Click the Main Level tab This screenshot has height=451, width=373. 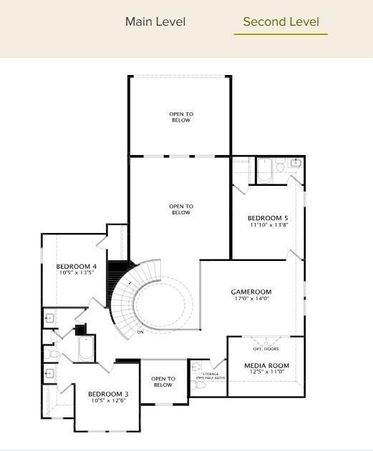pos(155,21)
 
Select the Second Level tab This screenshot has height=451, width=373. pos(281,21)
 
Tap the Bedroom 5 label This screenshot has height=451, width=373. pos(268,218)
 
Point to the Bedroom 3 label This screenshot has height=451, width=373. pos(108,394)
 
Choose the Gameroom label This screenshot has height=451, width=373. pos(251,292)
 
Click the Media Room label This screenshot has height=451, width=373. pos(266,365)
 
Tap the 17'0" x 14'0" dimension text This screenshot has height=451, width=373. pos(251,299)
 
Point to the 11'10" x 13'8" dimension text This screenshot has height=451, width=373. pos(268,225)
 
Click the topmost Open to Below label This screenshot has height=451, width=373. pos(181,117)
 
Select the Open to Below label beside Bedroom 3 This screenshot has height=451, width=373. pos(163,382)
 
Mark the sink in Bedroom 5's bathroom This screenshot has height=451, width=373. pos(296,163)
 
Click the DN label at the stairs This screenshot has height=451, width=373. pos(140,332)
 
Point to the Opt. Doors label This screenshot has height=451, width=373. pos(266,349)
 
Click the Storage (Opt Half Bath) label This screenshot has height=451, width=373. pos(210,375)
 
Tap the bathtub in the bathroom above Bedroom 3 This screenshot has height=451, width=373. pos(87,350)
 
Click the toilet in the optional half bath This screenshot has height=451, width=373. pos(200,385)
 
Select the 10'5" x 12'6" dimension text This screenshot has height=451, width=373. pos(108,401)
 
